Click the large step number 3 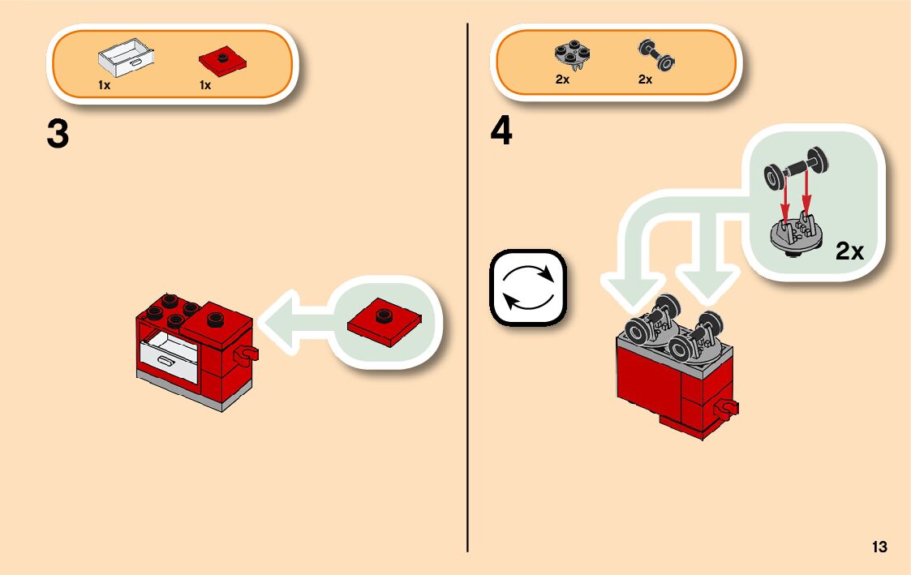58,135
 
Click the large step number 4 501,132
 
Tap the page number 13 879,547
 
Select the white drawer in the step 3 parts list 126,58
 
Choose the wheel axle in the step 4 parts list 657,56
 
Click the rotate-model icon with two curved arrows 527,288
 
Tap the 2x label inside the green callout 849,251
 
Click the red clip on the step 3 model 244,354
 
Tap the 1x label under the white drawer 105,85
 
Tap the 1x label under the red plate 205,85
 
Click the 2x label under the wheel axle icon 645,79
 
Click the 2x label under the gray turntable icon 562,79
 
